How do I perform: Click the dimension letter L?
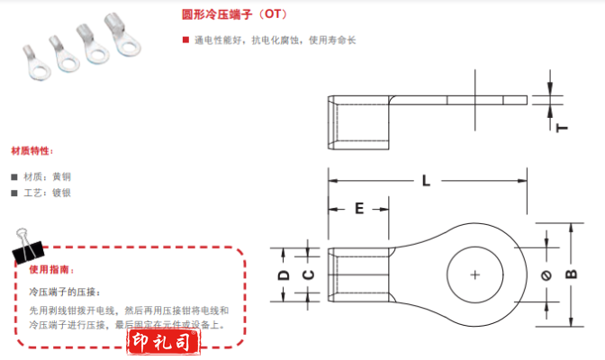[426, 180]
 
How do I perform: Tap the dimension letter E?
[358, 209]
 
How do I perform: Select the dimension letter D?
[282, 274]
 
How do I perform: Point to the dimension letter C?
[306, 274]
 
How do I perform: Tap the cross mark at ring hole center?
[475, 274]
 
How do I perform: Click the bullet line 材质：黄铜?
[45, 176]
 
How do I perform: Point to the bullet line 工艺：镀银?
[45, 193]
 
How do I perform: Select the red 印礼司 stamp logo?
[161, 343]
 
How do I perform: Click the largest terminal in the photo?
[119, 41]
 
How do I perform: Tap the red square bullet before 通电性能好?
[185, 40]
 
